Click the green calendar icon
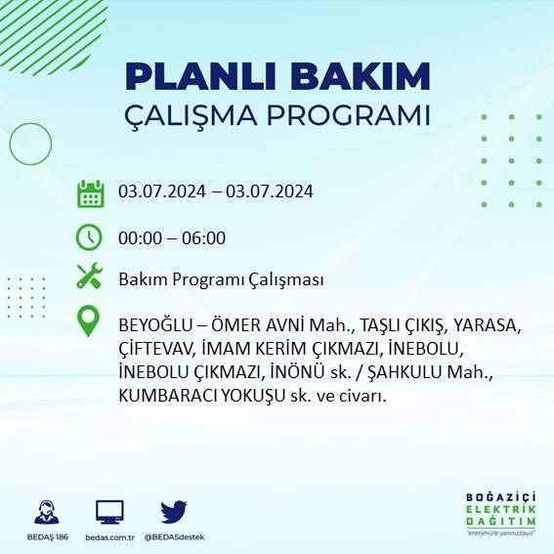pyautogui.click(x=90, y=192)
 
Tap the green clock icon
pyautogui.click(x=90, y=237)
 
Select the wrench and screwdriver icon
pyautogui.click(x=90, y=277)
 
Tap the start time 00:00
pyautogui.click(x=139, y=237)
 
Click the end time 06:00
pyautogui.click(x=205, y=237)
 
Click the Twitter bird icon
pyautogui.click(x=173, y=512)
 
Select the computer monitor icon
pyautogui.click(x=109, y=512)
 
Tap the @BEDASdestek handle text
pyautogui.click(x=174, y=537)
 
